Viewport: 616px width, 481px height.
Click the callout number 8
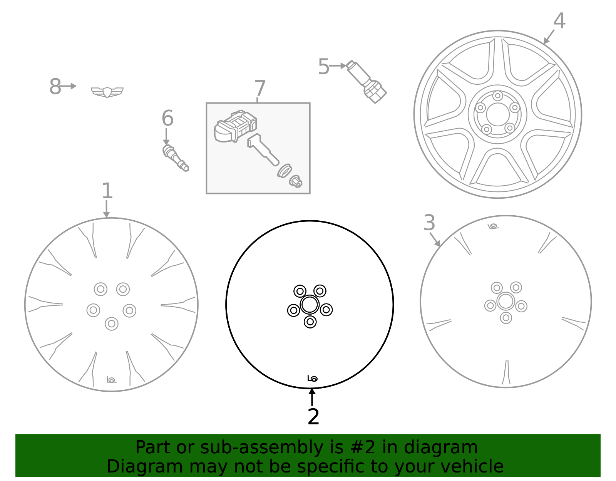click(x=55, y=87)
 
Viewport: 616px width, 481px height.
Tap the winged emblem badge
click(x=107, y=92)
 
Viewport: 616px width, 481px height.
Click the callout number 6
click(x=167, y=118)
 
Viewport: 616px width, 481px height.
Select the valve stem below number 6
click(x=176, y=158)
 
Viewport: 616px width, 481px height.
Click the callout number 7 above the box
click(x=260, y=89)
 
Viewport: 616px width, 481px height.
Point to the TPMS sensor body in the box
click(x=235, y=126)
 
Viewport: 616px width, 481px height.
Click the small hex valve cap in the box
click(x=296, y=182)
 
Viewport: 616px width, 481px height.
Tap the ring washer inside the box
click(x=285, y=171)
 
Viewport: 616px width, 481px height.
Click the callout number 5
click(x=323, y=67)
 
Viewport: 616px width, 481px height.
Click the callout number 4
click(x=559, y=21)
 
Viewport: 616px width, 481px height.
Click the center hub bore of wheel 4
click(x=498, y=114)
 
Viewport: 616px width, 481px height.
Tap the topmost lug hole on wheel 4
click(x=498, y=96)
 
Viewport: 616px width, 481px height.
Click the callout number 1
click(x=107, y=191)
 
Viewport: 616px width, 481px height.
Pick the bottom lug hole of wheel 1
click(x=112, y=324)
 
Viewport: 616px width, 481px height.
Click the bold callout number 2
click(x=313, y=417)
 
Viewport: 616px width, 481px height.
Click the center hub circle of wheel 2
click(x=310, y=305)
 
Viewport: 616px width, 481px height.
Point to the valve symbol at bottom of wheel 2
click(x=312, y=379)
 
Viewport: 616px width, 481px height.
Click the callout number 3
click(x=429, y=223)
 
